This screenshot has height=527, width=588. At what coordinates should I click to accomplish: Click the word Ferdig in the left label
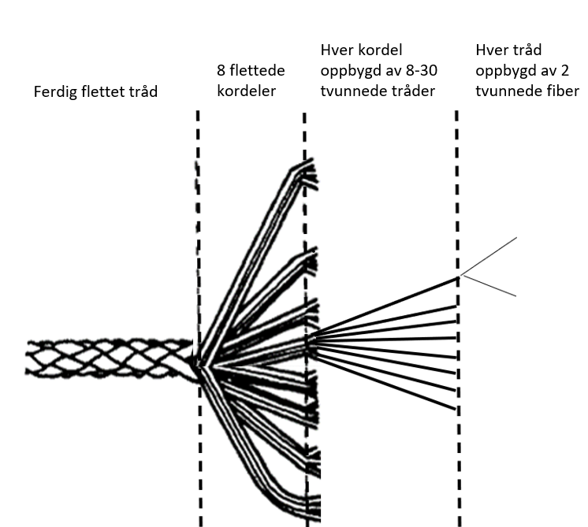click(x=53, y=92)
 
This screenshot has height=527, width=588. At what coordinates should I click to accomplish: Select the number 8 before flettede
click(x=221, y=71)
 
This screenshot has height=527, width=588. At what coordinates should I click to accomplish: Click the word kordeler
click(x=246, y=91)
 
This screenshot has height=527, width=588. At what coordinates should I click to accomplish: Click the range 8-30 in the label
click(x=419, y=71)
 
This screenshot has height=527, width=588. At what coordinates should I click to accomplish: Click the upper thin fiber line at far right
click(x=490, y=255)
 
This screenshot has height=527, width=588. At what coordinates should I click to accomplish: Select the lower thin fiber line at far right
click(x=490, y=285)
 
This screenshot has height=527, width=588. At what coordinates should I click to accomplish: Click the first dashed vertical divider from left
click(x=198, y=236)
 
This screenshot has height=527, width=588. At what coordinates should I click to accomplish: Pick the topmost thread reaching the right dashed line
click(x=386, y=306)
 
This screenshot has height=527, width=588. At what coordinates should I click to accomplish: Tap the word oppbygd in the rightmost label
click(x=504, y=71)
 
